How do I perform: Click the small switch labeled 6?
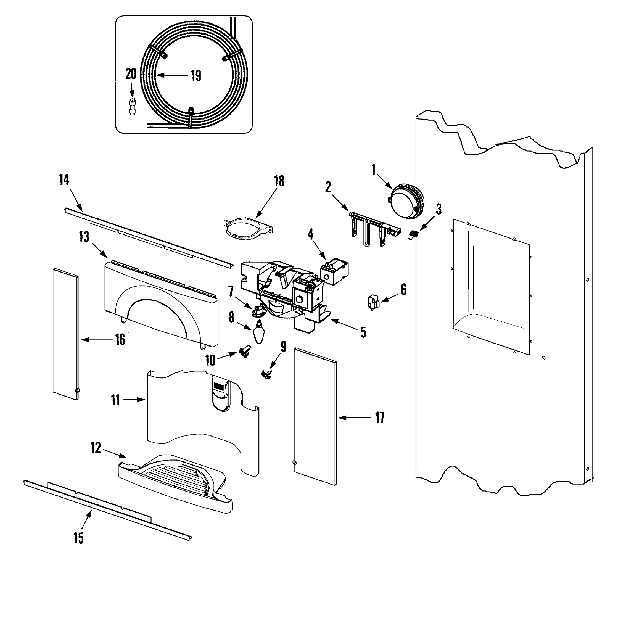pyautogui.click(x=373, y=302)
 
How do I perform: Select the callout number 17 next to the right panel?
pyautogui.click(x=380, y=418)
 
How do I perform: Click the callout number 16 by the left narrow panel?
pyautogui.click(x=120, y=340)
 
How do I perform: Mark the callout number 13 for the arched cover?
pyautogui.click(x=84, y=238)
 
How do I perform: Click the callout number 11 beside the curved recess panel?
pyautogui.click(x=115, y=400)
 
